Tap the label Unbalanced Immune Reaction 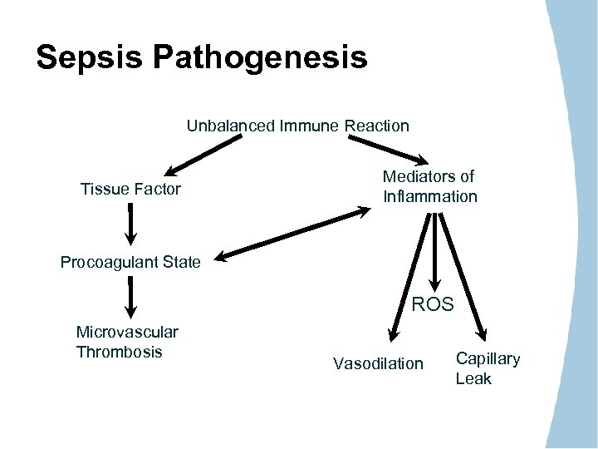tap(297, 126)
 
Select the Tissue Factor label tap(130, 190)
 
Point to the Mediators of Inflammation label tap(429, 186)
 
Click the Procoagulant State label tap(130, 263)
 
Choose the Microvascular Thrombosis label tap(127, 342)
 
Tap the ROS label tap(433, 304)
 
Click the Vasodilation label tap(378, 363)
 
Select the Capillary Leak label tap(488, 368)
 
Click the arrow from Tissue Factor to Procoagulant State tap(130, 223)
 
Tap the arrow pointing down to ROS tap(433, 249)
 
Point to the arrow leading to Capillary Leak tap(459, 274)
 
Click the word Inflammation tap(429, 197)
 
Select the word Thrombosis tap(119, 352)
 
